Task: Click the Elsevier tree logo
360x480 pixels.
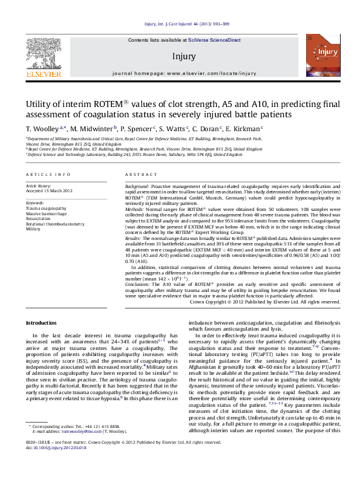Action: point(43,53)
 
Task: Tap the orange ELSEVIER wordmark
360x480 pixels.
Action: point(43,74)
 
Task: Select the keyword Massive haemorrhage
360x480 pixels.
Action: point(45,213)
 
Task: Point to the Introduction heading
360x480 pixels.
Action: point(41,323)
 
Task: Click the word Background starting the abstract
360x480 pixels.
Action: point(137,187)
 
